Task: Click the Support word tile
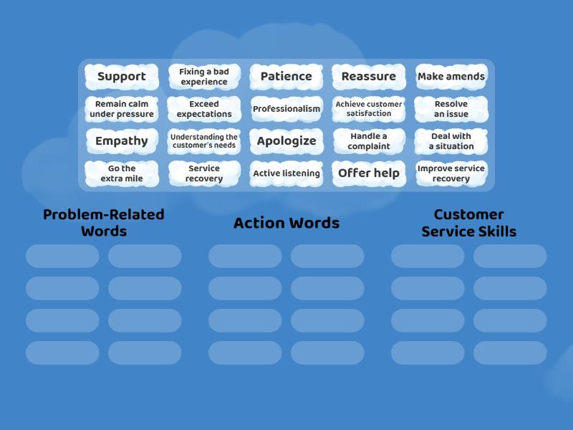(122, 77)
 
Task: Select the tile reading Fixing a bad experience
(204, 77)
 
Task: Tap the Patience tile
(286, 77)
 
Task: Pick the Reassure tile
(369, 77)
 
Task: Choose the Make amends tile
(451, 77)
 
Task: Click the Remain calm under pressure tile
(122, 109)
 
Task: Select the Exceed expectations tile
(204, 109)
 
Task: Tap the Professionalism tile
(286, 109)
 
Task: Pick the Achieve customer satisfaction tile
(369, 109)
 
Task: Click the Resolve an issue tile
(451, 109)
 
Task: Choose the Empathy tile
(122, 141)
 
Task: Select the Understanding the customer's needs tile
(204, 141)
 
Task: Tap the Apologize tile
(286, 141)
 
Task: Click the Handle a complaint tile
(369, 141)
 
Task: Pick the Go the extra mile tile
(122, 173)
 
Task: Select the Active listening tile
(286, 173)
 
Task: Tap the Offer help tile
(369, 173)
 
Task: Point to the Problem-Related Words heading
(104, 223)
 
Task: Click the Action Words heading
(286, 223)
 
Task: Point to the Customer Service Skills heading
(469, 223)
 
